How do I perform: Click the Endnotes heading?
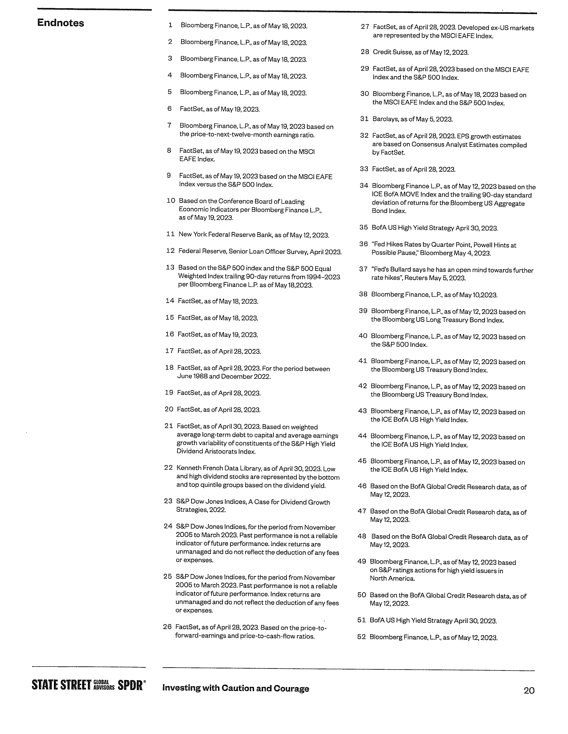pos(61,23)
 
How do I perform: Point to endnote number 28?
pos(365,52)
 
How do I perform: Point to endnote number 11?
pos(171,234)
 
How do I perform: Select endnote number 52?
pos(361,637)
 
